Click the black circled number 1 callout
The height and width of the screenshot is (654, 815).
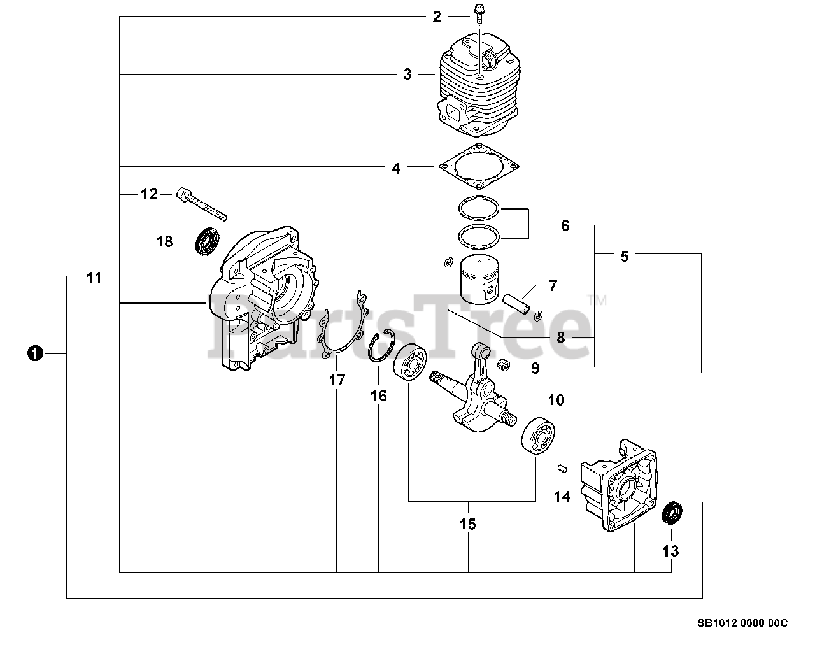click(x=34, y=353)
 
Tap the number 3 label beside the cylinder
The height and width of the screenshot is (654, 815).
click(x=407, y=75)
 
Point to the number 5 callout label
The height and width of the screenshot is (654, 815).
click(x=624, y=256)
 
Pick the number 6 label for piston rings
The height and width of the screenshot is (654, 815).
click(x=565, y=225)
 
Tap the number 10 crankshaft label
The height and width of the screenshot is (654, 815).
click(x=556, y=400)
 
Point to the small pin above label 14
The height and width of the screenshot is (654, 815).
click(x=562, y=467)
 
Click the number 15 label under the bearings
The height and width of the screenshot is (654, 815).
click(x=468, y=524)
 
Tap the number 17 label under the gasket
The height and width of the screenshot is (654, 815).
click(x=337, y=380)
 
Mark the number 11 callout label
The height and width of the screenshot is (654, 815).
click(x=94, y=278)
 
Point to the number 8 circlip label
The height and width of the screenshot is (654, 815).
click(x=560, y=337)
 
